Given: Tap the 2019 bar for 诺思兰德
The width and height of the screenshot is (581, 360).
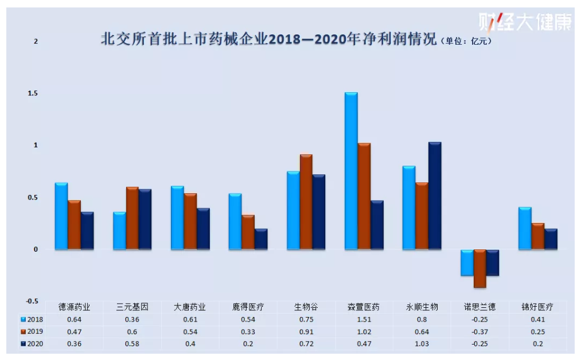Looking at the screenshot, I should (x=479, y=268).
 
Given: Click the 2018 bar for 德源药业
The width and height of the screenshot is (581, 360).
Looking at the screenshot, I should (x=61, y=216).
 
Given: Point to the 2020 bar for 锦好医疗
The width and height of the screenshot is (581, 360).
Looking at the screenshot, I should (x=551, y=239).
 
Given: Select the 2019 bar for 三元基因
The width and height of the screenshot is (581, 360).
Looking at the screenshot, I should (x=132, y=218).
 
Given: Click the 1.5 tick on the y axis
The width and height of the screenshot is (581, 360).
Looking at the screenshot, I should (x=36, y=93).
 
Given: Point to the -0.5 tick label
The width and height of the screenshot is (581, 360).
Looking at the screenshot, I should (x=33, y=302).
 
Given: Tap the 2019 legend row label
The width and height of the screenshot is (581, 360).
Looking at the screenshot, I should (x=36, y=332).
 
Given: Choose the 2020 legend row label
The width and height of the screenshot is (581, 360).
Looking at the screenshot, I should (x=36, y=344).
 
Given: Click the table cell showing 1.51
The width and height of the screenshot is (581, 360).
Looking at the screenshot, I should (x=364, y=320).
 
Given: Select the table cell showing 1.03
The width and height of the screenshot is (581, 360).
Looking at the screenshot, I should (x=422, y=344).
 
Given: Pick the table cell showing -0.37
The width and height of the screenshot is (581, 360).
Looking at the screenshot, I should (x=480, y=332).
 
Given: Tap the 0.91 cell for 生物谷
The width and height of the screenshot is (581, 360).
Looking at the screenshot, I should (x=306, y=332).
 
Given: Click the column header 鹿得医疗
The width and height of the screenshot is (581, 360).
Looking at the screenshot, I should (x=248, y=307).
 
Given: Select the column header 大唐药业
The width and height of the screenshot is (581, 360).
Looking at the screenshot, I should (x=190, y=307).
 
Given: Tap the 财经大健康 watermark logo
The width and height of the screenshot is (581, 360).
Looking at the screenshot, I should (x=525, y=22).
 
